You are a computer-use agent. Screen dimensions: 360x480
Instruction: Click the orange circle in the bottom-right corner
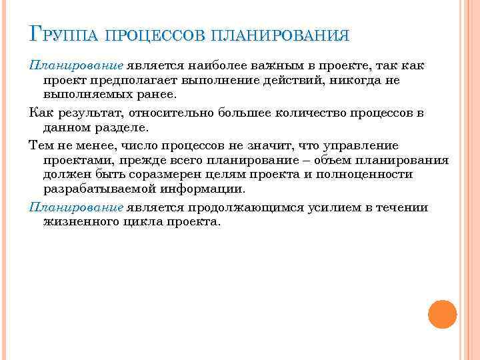click(x=441, y=314)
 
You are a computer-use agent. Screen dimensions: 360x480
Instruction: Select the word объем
click(x=325, y=160)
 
